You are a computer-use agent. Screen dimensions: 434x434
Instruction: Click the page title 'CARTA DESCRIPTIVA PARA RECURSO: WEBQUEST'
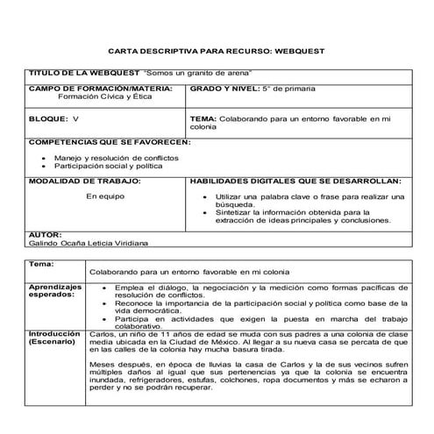[216, 52]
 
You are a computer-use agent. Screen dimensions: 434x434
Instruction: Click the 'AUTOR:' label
[45, 235]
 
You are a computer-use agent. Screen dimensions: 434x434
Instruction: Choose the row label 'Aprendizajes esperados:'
[56, 291]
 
